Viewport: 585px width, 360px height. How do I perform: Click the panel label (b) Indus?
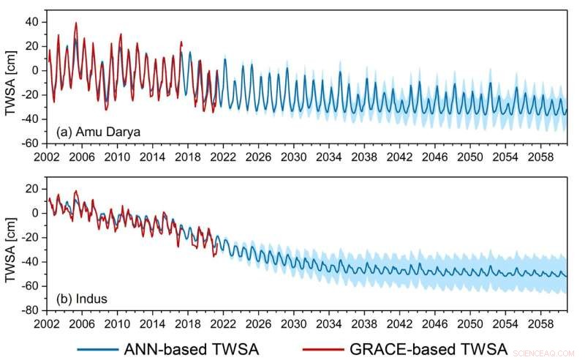tap(80, 298)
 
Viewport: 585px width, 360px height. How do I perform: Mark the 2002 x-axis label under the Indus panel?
tap(47, 323)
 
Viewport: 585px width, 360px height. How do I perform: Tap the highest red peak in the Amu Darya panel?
tap(75, 23)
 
